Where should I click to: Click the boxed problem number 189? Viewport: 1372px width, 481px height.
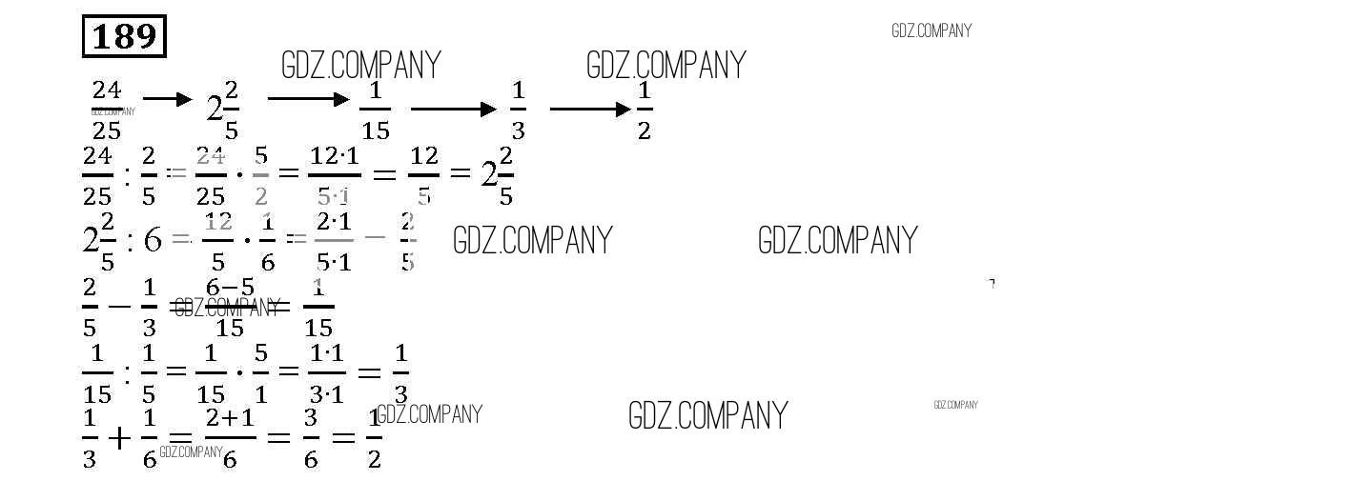[x=125, y=37]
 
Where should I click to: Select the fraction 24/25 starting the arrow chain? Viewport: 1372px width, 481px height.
[x=107, y=110]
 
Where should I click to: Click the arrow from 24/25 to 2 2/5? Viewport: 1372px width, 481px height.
[x=167, y=99]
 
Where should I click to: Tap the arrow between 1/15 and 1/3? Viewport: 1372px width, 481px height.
[x=454, y=110]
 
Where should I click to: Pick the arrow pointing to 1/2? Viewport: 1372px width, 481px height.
[x=590, y=110]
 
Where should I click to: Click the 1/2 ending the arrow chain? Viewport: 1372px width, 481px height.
[x=645, y=110]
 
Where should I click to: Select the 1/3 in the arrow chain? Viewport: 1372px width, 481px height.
[x=518, y=110]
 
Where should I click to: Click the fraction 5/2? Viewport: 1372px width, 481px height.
[x=261, y=175]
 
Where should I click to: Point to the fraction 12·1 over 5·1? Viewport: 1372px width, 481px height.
[x=334, y=175]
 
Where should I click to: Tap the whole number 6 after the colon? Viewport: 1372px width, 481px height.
[x=153, y=240]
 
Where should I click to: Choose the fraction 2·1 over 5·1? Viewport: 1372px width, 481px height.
[x=333, y=240]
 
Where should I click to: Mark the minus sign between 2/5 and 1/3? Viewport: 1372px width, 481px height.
[x=119, y=307]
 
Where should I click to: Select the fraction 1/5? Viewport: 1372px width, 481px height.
[x=149, y=371]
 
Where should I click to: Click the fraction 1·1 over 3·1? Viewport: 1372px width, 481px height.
[x=327, y=371]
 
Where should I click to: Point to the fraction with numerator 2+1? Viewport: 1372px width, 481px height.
[x=230, y=438]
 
